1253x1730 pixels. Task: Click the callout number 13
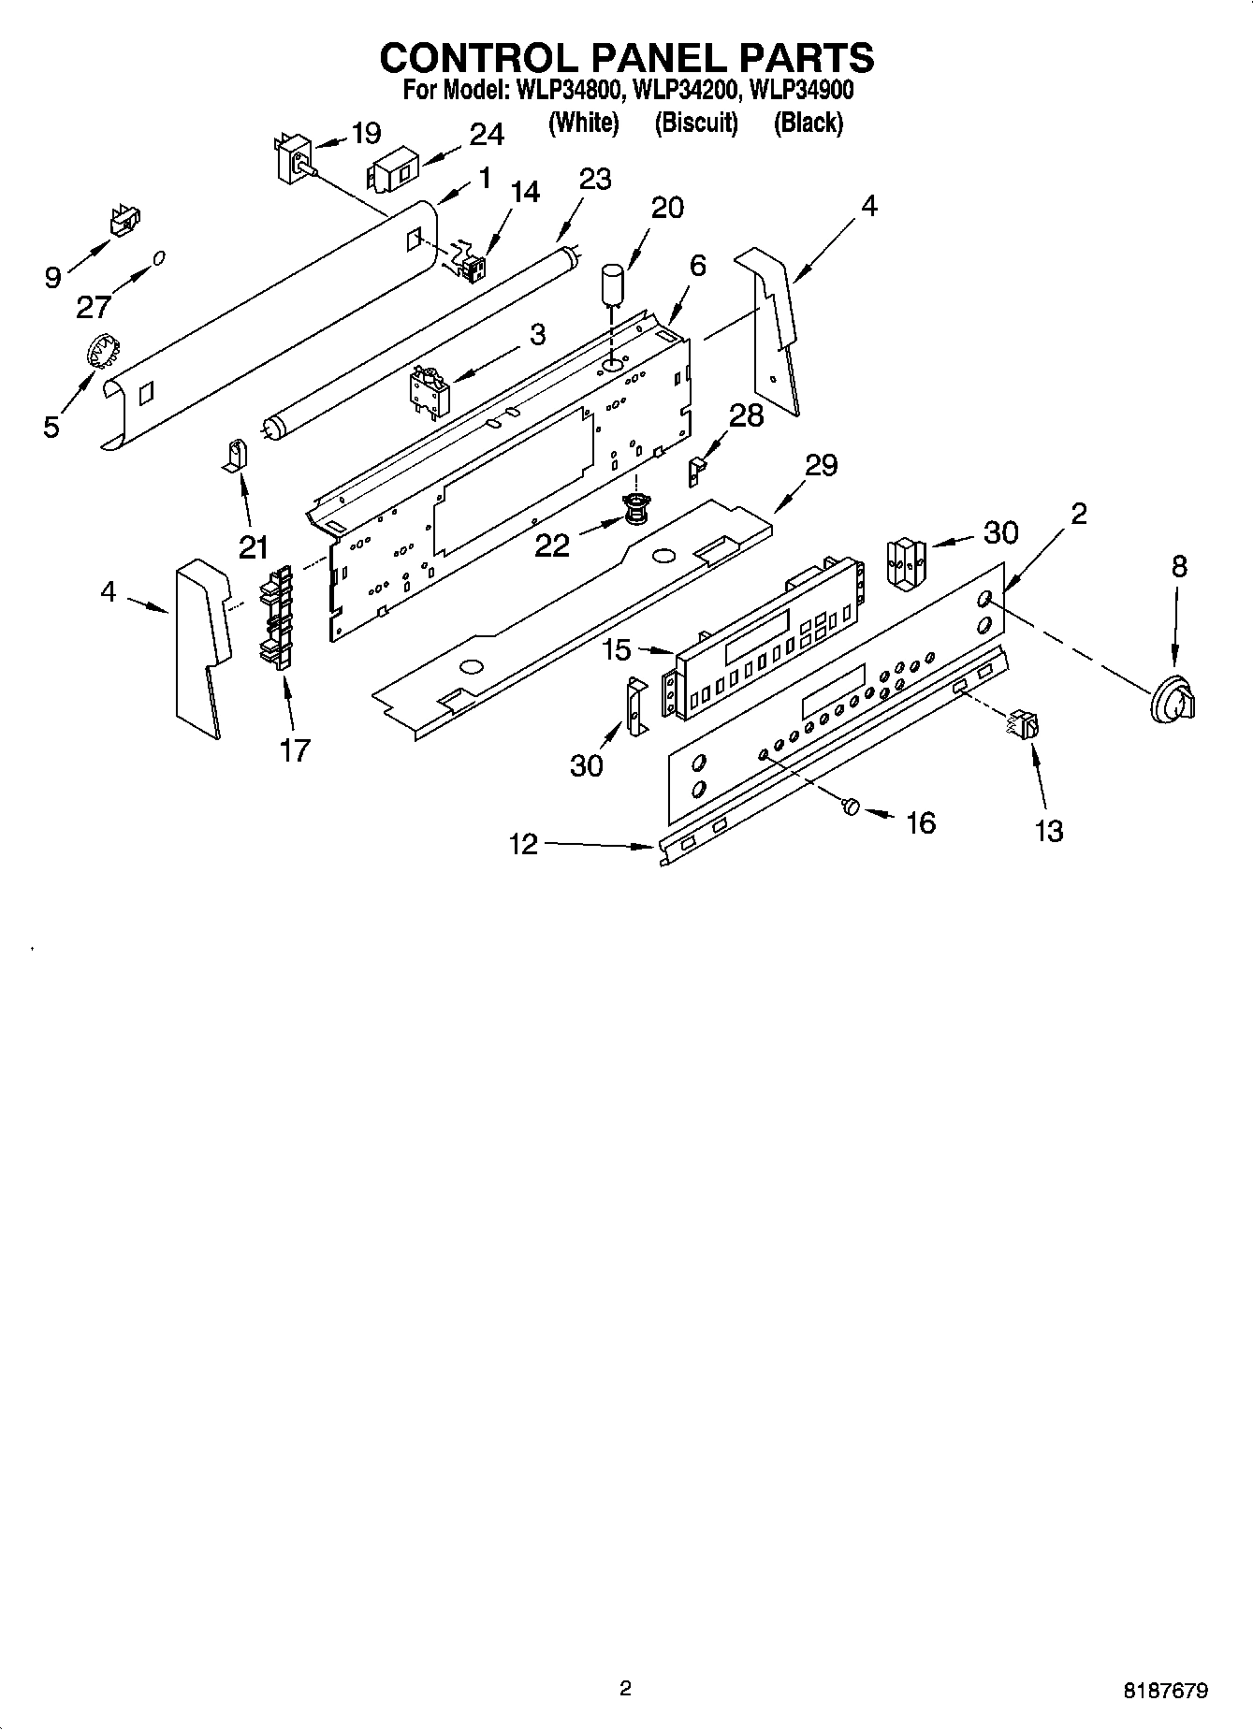point(1049,830)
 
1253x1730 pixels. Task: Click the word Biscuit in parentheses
point(696,123)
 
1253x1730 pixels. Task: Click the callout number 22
point(551,545)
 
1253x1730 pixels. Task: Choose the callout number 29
point(821,464)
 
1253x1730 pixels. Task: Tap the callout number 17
point(294,749)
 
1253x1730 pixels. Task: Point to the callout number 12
point(524,844)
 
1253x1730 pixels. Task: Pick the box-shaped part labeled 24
point(394,174)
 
